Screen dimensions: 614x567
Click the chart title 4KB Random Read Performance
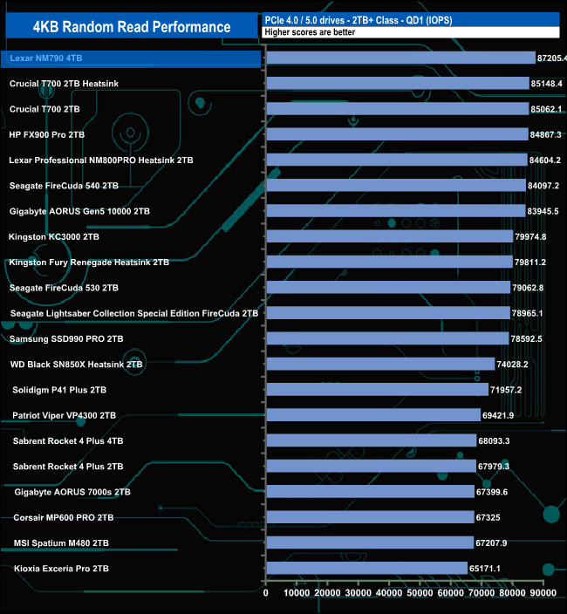pos(132,27)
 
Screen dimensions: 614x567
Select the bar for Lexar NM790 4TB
pos(400,58)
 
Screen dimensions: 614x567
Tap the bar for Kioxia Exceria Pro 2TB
pos(366,569)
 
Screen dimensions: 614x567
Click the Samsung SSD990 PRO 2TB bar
pos(386,338)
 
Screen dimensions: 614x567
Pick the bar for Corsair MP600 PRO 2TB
pos(370,517)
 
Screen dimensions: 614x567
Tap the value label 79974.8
pos(531,236)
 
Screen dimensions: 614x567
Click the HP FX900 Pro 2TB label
pos(46,134)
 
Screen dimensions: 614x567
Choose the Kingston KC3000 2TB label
pos(51,236)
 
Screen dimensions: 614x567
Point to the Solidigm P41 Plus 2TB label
pos(59,390)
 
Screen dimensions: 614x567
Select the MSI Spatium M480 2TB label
pos(61,543)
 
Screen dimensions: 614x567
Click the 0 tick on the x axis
pos(266,593)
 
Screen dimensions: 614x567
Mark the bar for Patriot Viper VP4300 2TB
pos(373,415)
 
